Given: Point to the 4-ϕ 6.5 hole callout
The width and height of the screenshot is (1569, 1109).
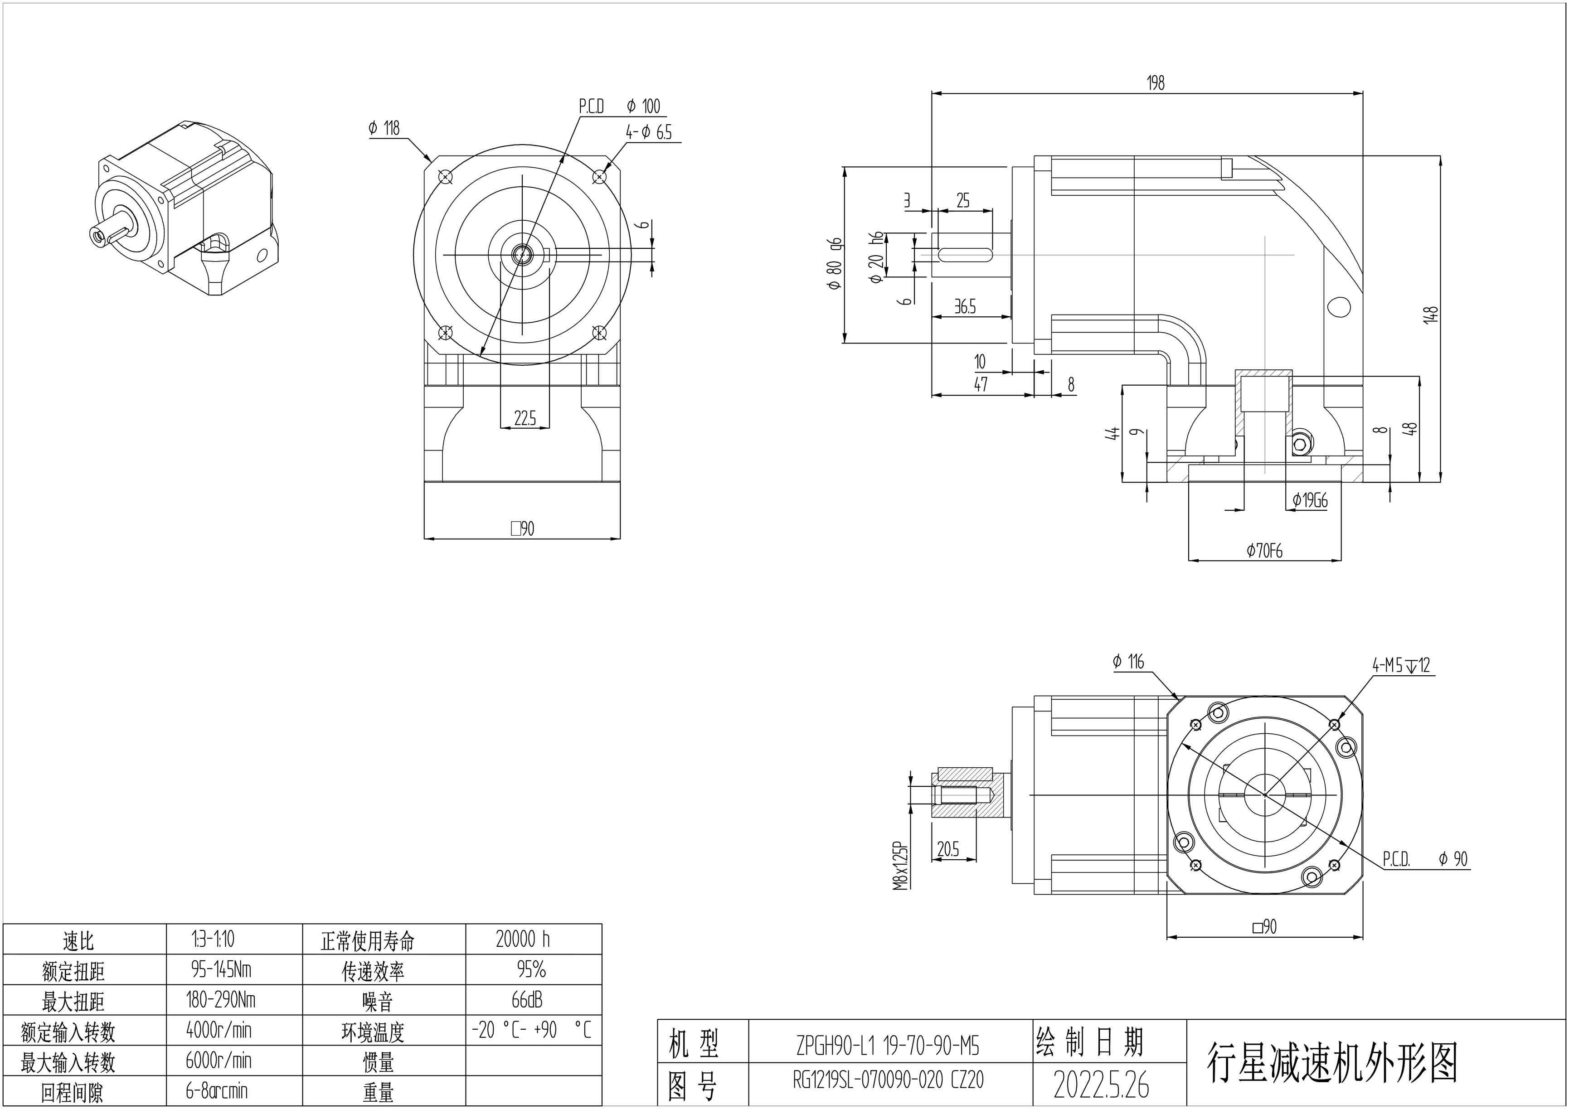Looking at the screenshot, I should (x=649, y=132).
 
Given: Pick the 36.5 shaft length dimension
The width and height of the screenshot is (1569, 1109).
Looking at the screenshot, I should (x=964, y=307).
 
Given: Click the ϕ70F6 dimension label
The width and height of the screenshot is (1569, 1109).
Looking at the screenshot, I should (x=1264, y=551).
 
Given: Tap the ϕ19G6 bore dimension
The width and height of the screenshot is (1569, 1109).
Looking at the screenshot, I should (x=1309, y=501).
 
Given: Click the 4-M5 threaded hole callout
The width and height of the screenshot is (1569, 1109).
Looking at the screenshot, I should (x=1401, y=665).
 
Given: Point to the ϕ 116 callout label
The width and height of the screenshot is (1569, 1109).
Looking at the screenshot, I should (x=1127, y=661).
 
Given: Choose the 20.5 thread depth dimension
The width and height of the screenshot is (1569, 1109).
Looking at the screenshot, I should (x=948, y=849).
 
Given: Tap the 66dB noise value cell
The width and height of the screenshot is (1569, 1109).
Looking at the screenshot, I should (x=526, y=1000).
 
